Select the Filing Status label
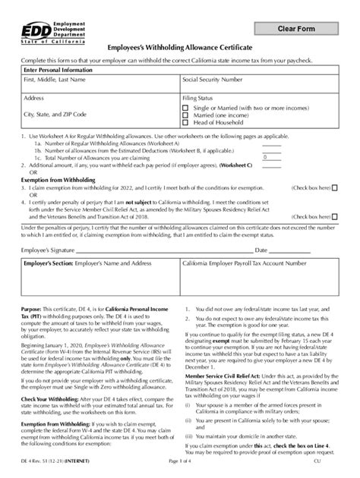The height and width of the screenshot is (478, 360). click(x=197, y=99)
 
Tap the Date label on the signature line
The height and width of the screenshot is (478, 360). click(x=261, y=250)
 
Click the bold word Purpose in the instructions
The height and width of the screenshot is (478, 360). click(x=34, y=310)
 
